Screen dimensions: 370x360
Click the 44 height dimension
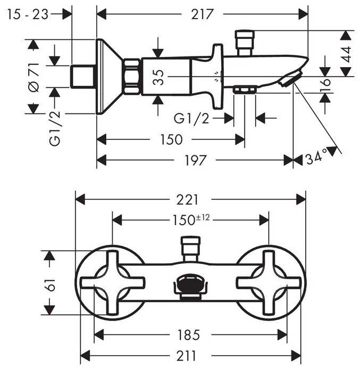coord(346,54)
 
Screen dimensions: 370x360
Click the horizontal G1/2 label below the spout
coord(192,118)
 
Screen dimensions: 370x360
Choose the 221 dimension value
coord(189,200)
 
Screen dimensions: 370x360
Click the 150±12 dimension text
coord(189,219)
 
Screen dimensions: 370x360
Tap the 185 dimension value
coord(189,335)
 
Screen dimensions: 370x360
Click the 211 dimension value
coord(189,355)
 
